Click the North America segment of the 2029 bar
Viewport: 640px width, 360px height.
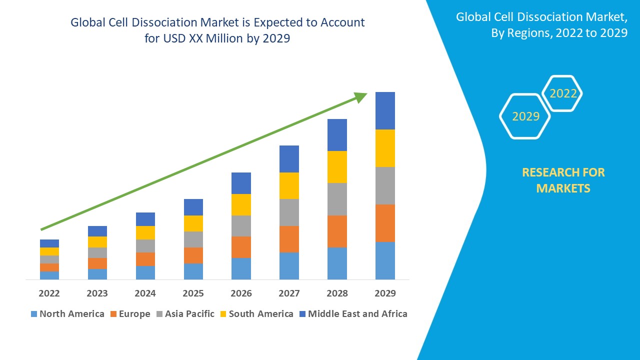point(385,260)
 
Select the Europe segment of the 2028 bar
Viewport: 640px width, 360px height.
point(337,231)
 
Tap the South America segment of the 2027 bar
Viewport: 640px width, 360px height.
point(289,185)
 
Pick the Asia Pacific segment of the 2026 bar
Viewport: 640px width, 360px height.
point(241,225)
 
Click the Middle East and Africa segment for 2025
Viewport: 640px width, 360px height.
point(193,207)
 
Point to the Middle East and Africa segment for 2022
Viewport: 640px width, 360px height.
point(49,243)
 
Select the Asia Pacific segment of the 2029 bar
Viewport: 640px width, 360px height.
point(385,185)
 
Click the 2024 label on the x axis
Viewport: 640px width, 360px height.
point(145,293)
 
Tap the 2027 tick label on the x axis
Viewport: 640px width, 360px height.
point(289,293)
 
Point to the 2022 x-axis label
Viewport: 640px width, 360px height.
point(49,293)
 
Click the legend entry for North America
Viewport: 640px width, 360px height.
point(67,314)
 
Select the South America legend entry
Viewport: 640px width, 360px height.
point(256,314)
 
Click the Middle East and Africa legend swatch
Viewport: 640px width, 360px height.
point(302,314)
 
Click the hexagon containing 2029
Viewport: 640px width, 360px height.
point(525,116)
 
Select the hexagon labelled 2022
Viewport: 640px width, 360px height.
point(563,93)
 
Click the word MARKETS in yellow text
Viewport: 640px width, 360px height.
point(563,188)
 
